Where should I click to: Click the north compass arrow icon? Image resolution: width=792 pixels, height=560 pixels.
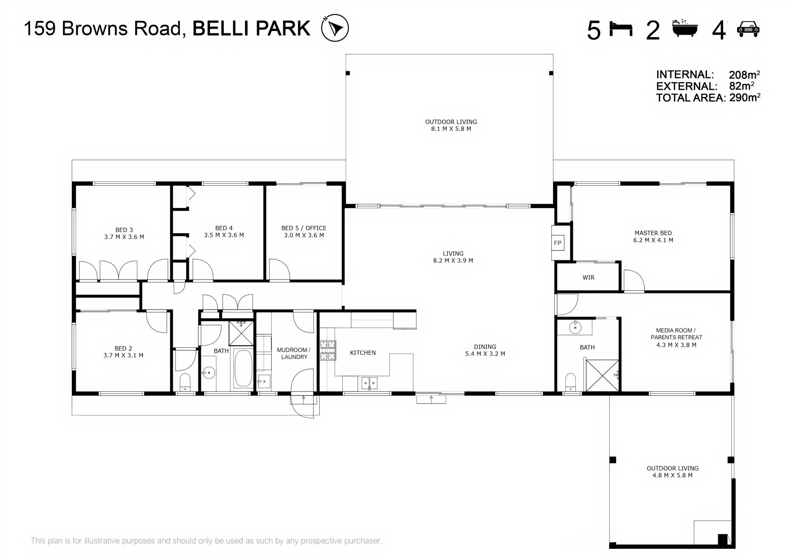point(335,28)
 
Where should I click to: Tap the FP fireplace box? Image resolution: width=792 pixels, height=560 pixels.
point(558,243)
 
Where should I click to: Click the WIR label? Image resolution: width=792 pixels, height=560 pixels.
point(588,278)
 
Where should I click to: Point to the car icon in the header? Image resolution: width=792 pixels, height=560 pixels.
point(748,29)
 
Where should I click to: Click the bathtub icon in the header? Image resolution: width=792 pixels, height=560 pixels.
point(685,28)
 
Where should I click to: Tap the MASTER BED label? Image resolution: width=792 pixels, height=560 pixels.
point(653,233)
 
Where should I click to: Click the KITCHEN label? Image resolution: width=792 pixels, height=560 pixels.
point(363,353)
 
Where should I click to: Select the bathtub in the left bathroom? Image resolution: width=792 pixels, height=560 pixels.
point(243,368)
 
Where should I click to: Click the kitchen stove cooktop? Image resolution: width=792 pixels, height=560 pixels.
point(328,350)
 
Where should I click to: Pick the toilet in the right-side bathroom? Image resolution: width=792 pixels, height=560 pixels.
point(570,382)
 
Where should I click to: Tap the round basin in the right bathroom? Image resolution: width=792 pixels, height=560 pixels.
point(575,328)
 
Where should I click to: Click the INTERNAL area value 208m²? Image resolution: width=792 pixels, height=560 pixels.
point(744,74)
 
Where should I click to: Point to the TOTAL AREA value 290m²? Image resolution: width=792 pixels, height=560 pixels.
point(745,97)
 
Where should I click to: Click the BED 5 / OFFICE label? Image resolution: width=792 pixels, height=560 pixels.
point(304,228)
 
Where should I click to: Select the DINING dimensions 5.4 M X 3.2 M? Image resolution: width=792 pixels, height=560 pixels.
point(485,354)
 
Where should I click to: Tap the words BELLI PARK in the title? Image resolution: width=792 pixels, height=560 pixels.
point(251,28)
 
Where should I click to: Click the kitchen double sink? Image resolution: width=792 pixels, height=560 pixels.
point(369,383)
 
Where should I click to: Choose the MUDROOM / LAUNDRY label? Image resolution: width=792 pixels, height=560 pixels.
point(294,353)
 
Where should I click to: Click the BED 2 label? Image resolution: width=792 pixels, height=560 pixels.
point(123,349)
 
